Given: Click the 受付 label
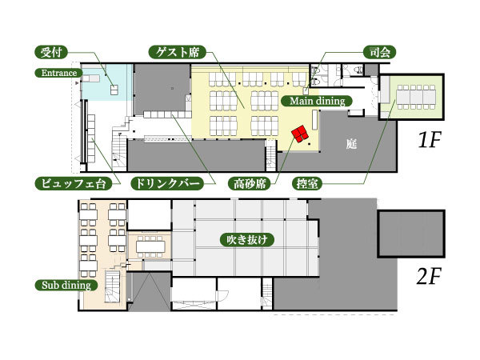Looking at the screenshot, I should click(x=52, y=54).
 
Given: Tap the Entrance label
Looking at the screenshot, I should click(x=55, y=74).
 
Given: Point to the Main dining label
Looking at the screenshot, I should click(x=317, y=101).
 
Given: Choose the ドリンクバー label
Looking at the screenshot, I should click(x=166, y=183).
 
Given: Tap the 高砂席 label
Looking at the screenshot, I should click(x=247, y=183).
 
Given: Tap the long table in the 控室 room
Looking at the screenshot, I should click(x=414, y=95).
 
